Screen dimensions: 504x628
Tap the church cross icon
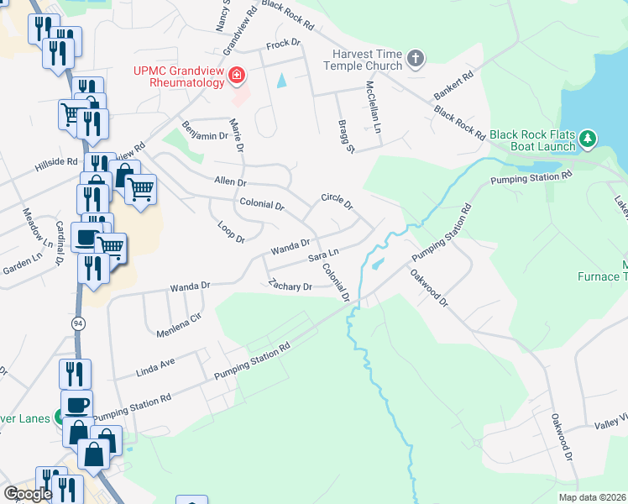pyautogui.click(x=415, y=59)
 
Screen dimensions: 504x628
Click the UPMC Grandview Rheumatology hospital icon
pyautogui.click(x=237, y=76)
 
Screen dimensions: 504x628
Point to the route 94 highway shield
pyautogui.click(x=78, y=323)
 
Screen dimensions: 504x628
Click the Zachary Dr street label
pyautogui.click(x=290, y=286)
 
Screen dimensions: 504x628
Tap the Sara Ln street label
pyautogui.click(x=323, y=254)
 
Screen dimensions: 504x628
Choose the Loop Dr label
pyautogui.click(x=230, y=233)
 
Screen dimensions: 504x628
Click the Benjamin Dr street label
pyautogui.click(x=206, y=135)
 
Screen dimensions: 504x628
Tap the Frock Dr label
pyautogui.click(x=283, y=43)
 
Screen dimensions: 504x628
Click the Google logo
pyautogui.click(x=29, y=494)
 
